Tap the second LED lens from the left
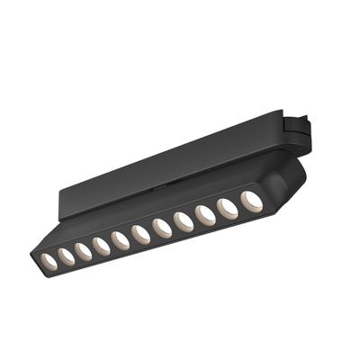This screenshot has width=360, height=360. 66,256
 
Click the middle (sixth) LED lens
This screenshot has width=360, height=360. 140,233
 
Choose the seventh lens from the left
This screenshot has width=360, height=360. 162,227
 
